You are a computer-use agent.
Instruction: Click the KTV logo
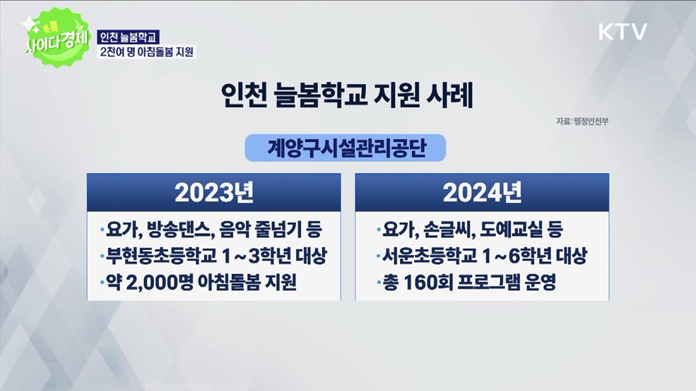coord(623,32)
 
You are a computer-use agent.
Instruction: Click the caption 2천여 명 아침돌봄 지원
coord(147,52)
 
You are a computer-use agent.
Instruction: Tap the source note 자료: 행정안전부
coord(582,122)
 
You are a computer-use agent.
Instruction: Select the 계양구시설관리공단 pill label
coord(347,148)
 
